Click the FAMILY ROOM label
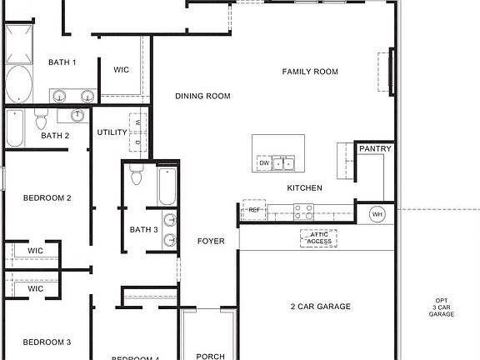click(310, 72)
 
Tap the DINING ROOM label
click(202, 96)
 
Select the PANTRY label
click(376, 149)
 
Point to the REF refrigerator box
click(254, 211)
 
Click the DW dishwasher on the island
click(263, 163)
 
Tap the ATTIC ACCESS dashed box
click(318, 238)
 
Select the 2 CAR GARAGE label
click(320, 307)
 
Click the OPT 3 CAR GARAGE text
click(441, 307)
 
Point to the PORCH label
click(210, 357)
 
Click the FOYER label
click(211, 241)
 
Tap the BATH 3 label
click(143, 229)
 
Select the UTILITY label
click(112, 132)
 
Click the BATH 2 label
click(55, 135)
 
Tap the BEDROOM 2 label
click(47, 198)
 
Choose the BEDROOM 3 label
click(47, 342)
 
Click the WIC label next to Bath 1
click(122, 70)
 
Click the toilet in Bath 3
click(139, 177)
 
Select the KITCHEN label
click(304, 188)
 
